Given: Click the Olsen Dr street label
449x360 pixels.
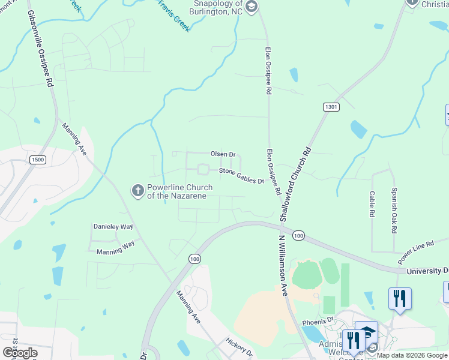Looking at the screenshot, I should (x=222, y=154).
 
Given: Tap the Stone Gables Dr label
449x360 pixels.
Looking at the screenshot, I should (x=241, y=176).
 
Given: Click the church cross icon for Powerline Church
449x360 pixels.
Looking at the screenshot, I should (x=137, y=191).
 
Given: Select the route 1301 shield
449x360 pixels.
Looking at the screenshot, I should (x=330, y=107).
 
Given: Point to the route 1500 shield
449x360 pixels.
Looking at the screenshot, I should (x=37, y=159).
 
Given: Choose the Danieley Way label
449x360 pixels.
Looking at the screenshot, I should (x=113, y=227).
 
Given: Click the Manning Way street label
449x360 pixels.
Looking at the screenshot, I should (x=115, y=251).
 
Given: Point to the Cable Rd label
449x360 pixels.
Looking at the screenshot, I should (x=372, y=204).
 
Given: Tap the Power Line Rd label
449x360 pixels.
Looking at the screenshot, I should (x=415, y=254).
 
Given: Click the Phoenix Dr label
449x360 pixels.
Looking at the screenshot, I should (x=318, y=321).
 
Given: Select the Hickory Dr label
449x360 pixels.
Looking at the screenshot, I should (x=235, y=348).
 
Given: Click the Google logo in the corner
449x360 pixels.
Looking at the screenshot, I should (x=20, y=352).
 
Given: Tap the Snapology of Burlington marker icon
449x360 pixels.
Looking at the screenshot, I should (x=252, y=7).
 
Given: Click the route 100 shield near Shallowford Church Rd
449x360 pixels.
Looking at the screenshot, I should (x=299, y=236).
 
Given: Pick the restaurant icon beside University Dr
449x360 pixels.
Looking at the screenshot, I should (x=399, y=298).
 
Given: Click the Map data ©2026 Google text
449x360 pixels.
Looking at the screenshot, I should (x=412, y=355).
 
